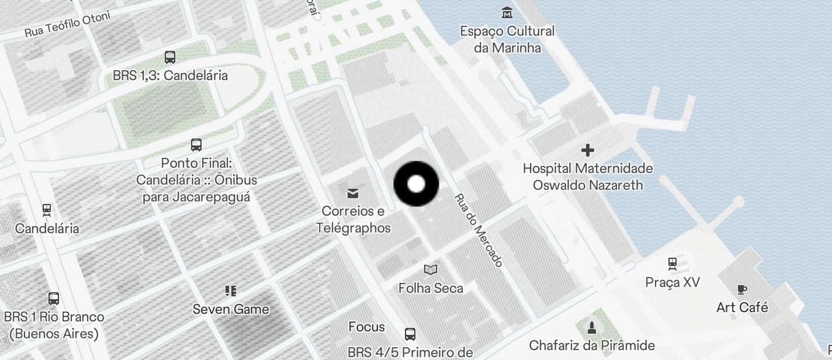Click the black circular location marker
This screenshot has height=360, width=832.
[416, 184]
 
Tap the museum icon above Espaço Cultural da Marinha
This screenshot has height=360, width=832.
[507, 12]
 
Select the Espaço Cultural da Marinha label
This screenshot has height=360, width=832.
[507, 39]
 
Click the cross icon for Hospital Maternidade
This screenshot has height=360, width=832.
[587, 151]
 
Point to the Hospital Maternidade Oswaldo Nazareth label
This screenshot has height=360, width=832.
[587, 176]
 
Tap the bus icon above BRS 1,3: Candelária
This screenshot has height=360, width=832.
[170, 57]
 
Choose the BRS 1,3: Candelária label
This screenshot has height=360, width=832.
[170, 75]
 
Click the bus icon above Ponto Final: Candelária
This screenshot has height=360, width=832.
[196, 145]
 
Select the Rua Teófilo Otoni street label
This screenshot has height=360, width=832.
[67, 25]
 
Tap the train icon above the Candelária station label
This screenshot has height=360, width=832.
[47, 210]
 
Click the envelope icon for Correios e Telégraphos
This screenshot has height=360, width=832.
[353, 193]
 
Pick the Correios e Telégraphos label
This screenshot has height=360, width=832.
[353, 219]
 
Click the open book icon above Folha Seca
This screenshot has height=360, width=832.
[431, 269]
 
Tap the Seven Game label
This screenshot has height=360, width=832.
[231, 309]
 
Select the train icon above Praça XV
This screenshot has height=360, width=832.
[672, 264]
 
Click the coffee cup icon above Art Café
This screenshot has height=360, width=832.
[742, 289]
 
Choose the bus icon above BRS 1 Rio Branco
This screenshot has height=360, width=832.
[54, 299]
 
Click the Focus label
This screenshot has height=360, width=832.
[366, 327]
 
